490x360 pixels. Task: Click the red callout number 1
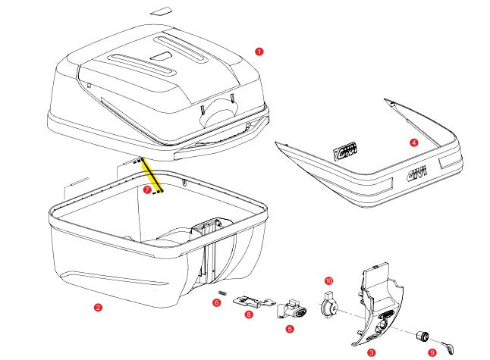coord(259,52)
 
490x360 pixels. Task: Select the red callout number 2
coord(98,307)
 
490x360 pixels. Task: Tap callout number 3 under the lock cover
coord(371,352)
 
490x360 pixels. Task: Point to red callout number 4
coord(413,142)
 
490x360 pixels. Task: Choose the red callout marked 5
coord(290,328)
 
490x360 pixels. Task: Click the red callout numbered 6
coord(216,303)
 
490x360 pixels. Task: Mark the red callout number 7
coord(146,189)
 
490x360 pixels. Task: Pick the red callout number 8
coord(249,314)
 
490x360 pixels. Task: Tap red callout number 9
coord(432,352)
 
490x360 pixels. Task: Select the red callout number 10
coord(328,280)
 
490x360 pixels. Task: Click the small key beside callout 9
coord(451,346)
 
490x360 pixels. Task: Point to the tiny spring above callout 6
coord(222,293)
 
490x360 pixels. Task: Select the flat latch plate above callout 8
coord(250,301)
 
